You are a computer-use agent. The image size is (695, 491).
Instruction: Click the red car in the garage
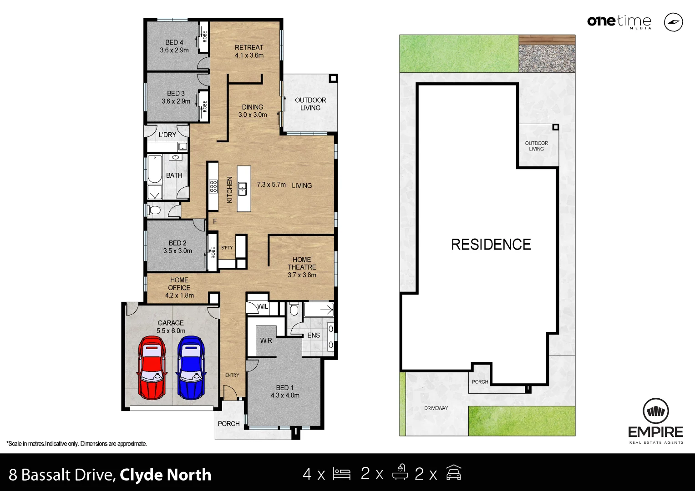point(152,367)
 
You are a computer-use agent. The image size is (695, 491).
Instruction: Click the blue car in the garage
point(191,367)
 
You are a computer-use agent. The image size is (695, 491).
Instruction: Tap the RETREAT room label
point(249,47)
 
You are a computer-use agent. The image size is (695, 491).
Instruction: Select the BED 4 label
point(174,42)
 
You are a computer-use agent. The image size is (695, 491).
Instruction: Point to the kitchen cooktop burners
point(213,186)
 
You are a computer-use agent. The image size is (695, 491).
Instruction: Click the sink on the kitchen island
point(243,188)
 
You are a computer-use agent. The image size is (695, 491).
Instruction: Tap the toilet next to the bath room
point(154,210)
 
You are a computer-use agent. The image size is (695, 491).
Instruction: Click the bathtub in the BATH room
point(155,169)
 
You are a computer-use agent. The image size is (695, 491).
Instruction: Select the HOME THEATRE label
point(302,263)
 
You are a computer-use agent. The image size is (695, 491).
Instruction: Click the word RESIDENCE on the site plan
point(491,245)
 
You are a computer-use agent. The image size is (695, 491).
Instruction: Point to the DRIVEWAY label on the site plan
point(436,408)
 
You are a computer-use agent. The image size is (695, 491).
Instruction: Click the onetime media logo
point(619,22)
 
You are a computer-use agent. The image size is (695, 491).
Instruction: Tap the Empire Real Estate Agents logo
point(656,421)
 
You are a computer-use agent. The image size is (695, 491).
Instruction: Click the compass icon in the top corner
point(673,22)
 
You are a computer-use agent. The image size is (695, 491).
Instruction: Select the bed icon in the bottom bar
point(341,474)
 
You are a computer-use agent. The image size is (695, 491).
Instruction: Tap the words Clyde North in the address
point(165,475)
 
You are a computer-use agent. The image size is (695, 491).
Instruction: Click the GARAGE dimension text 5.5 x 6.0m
point(171,331)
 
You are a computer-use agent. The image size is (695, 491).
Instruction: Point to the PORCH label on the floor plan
point(228,424)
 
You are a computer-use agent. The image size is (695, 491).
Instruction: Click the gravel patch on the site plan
point(547,58)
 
